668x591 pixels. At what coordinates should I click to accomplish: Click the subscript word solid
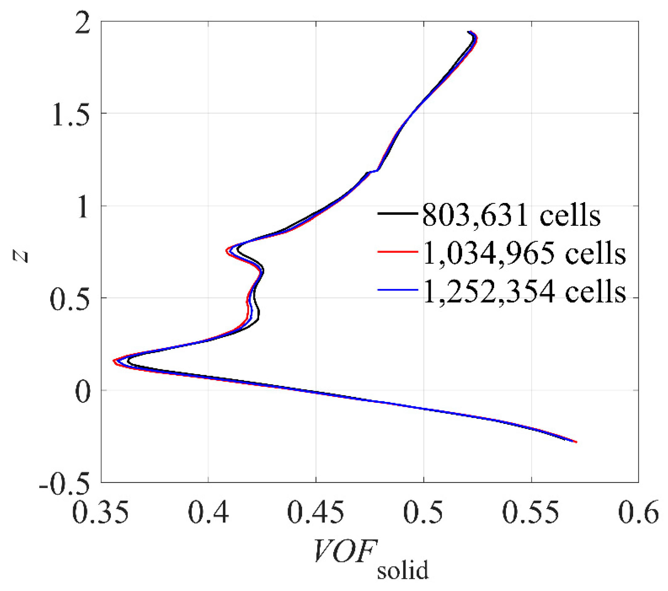pyautogui.click(x=403, y=570)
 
